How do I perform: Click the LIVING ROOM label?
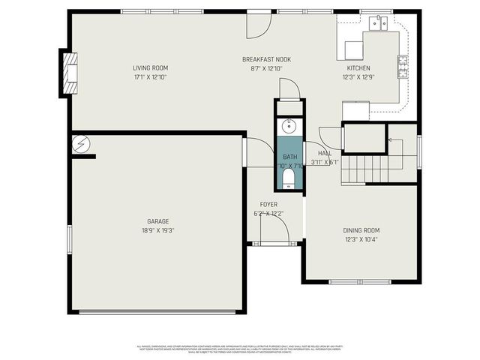point(150,67)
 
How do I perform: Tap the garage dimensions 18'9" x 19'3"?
point(157,230)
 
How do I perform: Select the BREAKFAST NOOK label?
point(266,59)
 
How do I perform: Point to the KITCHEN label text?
point(358,67)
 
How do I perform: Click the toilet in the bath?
point(289,177)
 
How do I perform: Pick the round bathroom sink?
point(289,126)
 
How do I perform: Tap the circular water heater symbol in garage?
point(79,142)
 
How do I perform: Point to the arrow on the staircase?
point(391,154)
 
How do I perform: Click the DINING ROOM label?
point(361,231)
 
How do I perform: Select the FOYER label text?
point(268,204)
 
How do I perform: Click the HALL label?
point(324,153)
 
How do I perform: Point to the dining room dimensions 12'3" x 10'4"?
point(361,240)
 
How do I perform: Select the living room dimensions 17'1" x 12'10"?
point(150,76)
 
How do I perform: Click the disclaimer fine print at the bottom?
point(239,349)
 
